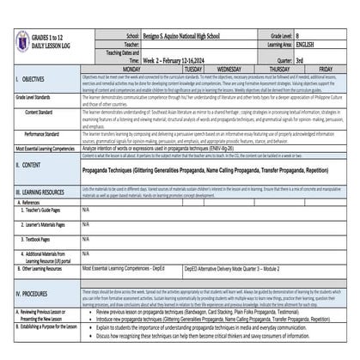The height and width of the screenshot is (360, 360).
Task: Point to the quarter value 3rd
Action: point(300,61)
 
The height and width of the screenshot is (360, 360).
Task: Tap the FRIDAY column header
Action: point(326,68)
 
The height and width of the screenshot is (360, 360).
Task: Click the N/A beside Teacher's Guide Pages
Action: point(86,210)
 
